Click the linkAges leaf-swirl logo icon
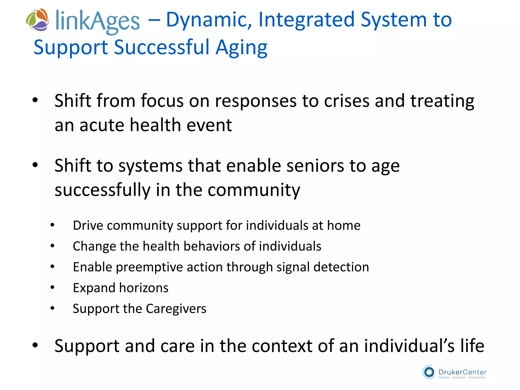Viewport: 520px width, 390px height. click(38, 20)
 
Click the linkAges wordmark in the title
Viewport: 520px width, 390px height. click(97, 21)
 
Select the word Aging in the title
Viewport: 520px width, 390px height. click(241, 48)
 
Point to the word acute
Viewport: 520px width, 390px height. click(102, 125)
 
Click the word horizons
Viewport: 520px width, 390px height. click(144, 288)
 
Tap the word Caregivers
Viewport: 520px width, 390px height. click(176, 309)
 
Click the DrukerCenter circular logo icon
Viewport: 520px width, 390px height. click(429, 372)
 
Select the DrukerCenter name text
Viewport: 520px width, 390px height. click(462, 372)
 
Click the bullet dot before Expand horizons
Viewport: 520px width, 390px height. click(52, 287)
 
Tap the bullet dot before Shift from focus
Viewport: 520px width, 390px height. click(35, 100)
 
